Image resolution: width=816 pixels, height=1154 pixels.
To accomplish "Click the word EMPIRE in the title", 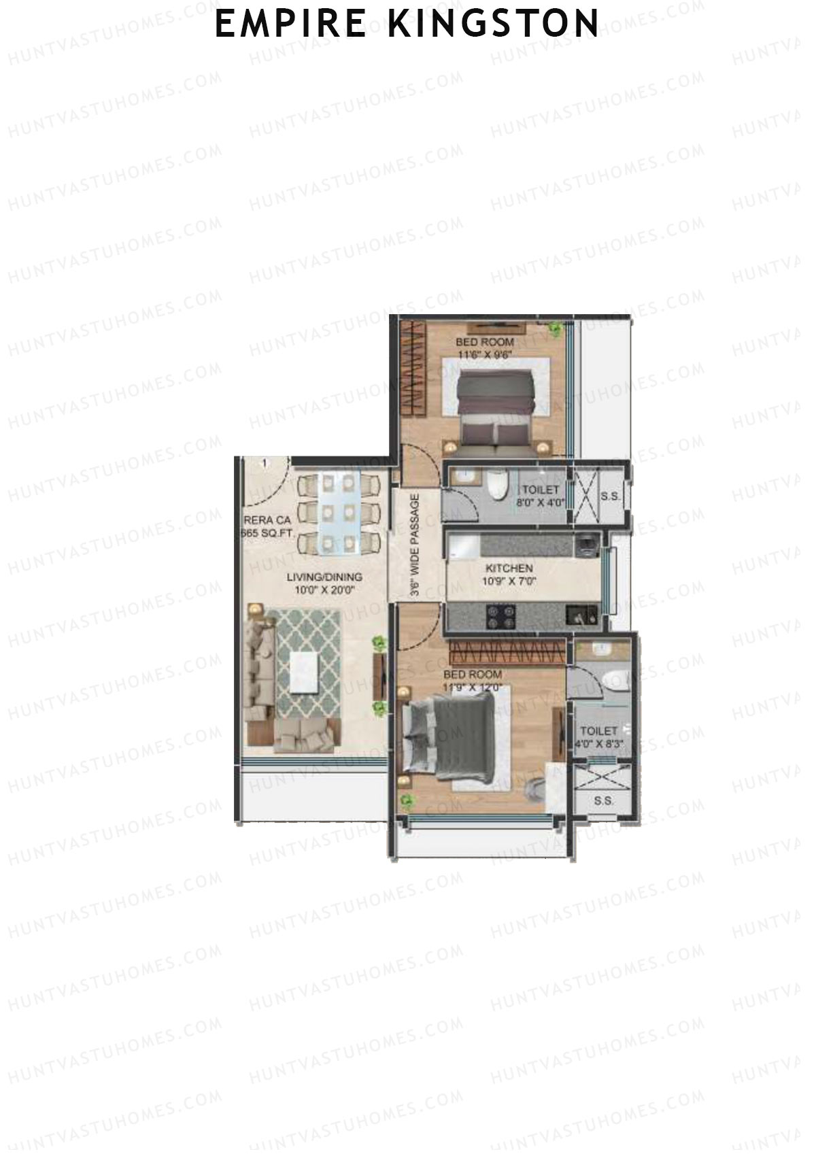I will pyautogui.click(x=291, y=23).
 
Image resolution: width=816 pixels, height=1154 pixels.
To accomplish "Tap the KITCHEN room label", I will pyautogui.click(x=509, y=568).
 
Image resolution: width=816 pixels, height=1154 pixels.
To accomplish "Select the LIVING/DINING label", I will pyautogui.click(x=324, y=577).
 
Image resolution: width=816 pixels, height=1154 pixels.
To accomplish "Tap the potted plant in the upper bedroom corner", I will pyautogui.click(x=556, y=328).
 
